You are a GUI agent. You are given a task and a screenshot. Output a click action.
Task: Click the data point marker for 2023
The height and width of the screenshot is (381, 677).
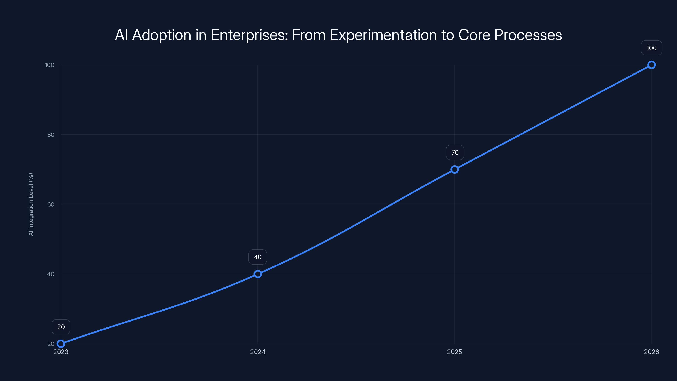click(61, 344)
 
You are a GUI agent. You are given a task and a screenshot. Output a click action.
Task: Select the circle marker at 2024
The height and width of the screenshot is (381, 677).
click(257, 274)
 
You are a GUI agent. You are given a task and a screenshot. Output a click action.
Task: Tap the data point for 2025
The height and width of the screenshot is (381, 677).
click(454, 169)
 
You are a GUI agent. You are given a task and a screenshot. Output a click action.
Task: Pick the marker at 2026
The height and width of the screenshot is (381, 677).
click(651, 65)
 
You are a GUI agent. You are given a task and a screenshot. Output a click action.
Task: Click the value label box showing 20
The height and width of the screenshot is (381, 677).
click(61, 327)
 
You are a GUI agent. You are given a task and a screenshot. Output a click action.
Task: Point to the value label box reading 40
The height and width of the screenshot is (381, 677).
click(257, 257)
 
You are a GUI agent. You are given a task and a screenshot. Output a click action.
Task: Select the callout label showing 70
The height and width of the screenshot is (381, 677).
click(455, 152)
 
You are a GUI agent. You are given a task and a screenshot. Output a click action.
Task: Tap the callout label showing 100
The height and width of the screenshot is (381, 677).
click(651, 48)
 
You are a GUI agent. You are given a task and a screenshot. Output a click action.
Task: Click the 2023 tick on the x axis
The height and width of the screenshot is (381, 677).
click(61, 352)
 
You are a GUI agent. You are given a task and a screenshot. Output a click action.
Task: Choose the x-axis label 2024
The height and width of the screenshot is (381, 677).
click(257, 352)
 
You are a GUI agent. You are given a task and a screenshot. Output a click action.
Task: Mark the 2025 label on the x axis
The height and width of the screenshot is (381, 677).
click(454, 352)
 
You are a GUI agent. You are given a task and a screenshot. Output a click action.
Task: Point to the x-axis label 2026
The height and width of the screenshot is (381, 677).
click(651, 352)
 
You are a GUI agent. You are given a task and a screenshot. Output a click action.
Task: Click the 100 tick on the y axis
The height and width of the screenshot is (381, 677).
click(50, 65)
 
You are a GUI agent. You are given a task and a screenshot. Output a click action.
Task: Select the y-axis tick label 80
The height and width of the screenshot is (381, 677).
click(51, 135)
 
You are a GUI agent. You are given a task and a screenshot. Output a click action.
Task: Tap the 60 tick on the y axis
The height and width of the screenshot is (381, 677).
click(51, 204)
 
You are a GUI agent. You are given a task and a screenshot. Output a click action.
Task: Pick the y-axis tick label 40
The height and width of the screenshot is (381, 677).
click(51, 274)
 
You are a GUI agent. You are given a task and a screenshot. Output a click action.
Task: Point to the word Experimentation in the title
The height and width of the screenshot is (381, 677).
click(383, 35)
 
